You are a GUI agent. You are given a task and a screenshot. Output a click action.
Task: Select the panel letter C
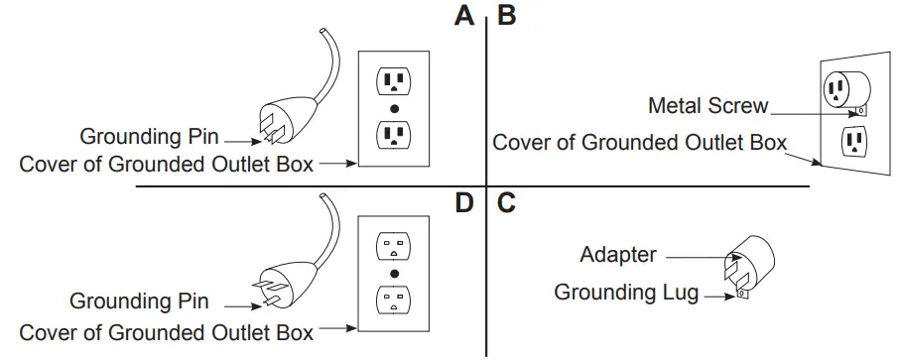pyautogui.click(x=505, y=204)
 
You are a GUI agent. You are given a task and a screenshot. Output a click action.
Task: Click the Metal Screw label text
pyautogui.click(x=707, y=105)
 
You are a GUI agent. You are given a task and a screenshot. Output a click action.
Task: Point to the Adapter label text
pyautogui.click(x=618, y=255)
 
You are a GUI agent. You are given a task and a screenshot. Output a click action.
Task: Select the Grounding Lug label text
pyautogui.click(x=626, y=292)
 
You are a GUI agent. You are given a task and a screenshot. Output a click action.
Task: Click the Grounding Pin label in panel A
pyautogui.click(x=149, y=136)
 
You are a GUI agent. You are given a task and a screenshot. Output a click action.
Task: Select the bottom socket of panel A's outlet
pyautogui.click(x=394, y=133)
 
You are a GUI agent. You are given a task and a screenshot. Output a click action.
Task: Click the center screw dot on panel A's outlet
pyautogui.click(x=394, y=107)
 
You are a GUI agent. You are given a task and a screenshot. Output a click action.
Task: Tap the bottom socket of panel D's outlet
pyautogui.click(x=394, y=299)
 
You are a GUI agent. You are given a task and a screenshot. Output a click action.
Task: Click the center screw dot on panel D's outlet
pyautogui.click(x=394, y=272)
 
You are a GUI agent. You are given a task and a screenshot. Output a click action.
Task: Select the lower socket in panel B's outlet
pyautogui.click(x=852, y=142)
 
